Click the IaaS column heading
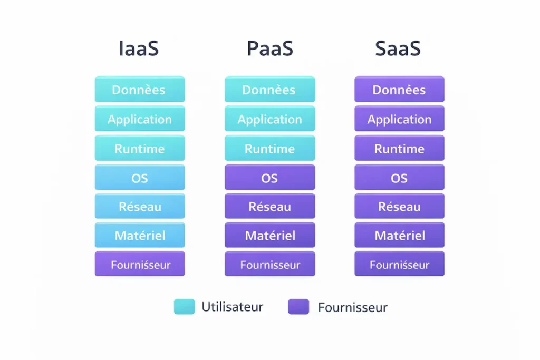pyautogui.click(x=139, y=48)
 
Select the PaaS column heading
pyautogui.click(x=269, y=48)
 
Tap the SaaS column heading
pyautogui.click(x=398, y=48)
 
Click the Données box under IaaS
pyautogui.click(x=140, y=90)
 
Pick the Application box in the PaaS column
pyautogui.click(x=269, y=119)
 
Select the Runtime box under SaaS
pyautogui.click(x=399, y=149)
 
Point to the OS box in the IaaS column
pyautogui.click(x=140, y=178)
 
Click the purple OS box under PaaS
pyautogui.click(x=269, y=178)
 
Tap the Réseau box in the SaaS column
pyautogui.click(x=399, y=207)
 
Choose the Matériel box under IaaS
pyautogui.click(x=140, y=236)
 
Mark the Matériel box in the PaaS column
pyautogui.click(x=269, y=236)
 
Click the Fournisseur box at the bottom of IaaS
pyautogui.click(x=140, y=264)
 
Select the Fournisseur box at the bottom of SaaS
pyautogui.click(x=399, y=264)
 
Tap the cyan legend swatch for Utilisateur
pyautogui.click(x=184, y=307)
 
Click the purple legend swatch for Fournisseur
pyautogui.click(x=298, y=307)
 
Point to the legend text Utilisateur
pyautogui.click(x=232, y=307)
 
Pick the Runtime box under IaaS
pyautogui.click(x=140, y=149)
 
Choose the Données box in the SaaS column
pyautogui.click(x=399, y=90)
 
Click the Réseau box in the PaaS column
pyautogui.click(x=269, y=207)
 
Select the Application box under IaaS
pyautogui.click(x=140, y=119)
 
